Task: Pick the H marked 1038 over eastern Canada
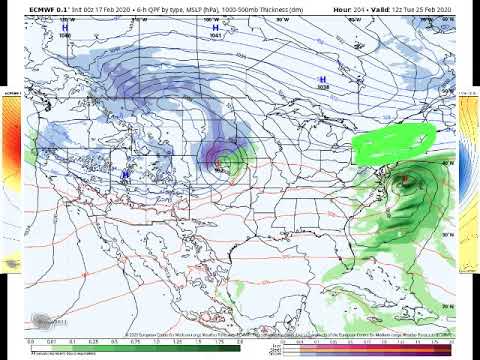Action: click(322, 79)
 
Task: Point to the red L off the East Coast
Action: click(404, 179)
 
